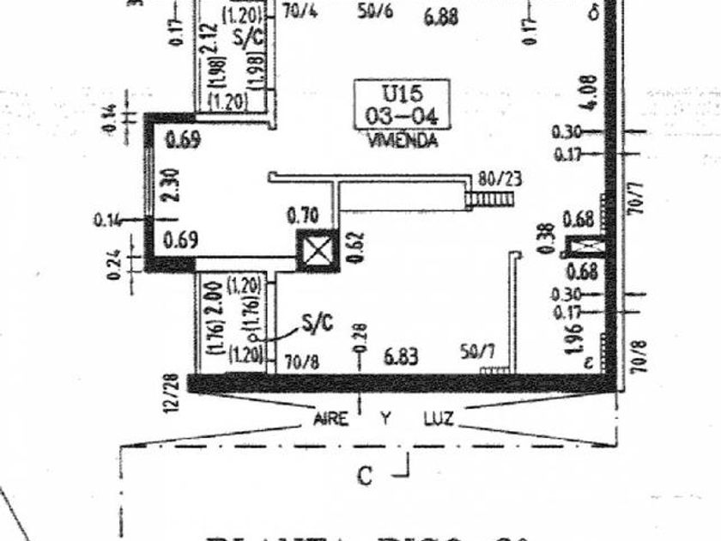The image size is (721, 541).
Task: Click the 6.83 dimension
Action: click(x=403, y=355)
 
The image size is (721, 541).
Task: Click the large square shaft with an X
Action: click(x=318, y=251)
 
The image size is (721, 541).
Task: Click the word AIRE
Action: click(x=330, y=419)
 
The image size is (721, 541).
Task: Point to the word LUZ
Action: click(x=439, y=419)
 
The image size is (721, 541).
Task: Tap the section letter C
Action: click(x=366, y=475)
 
